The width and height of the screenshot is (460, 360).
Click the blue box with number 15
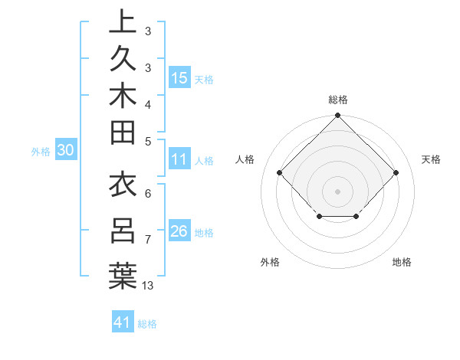[179, 77]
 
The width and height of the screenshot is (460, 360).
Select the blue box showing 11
[179, 159]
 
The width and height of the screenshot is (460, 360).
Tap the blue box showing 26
[179, 231]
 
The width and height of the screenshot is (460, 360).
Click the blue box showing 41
[123, 322]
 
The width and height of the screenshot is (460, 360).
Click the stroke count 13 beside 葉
[149, 286]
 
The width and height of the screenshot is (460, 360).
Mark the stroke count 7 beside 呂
[148, 240]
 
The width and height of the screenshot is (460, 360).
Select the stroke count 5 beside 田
[148, 140]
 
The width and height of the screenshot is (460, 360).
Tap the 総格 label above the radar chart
[337, 100]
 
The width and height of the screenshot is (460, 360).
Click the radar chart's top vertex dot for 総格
[337, 116]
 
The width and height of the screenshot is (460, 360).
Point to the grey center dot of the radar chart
[337, 191]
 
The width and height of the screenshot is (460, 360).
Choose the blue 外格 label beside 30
[41, 151]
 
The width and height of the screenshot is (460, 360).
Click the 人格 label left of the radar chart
[245, 159]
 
